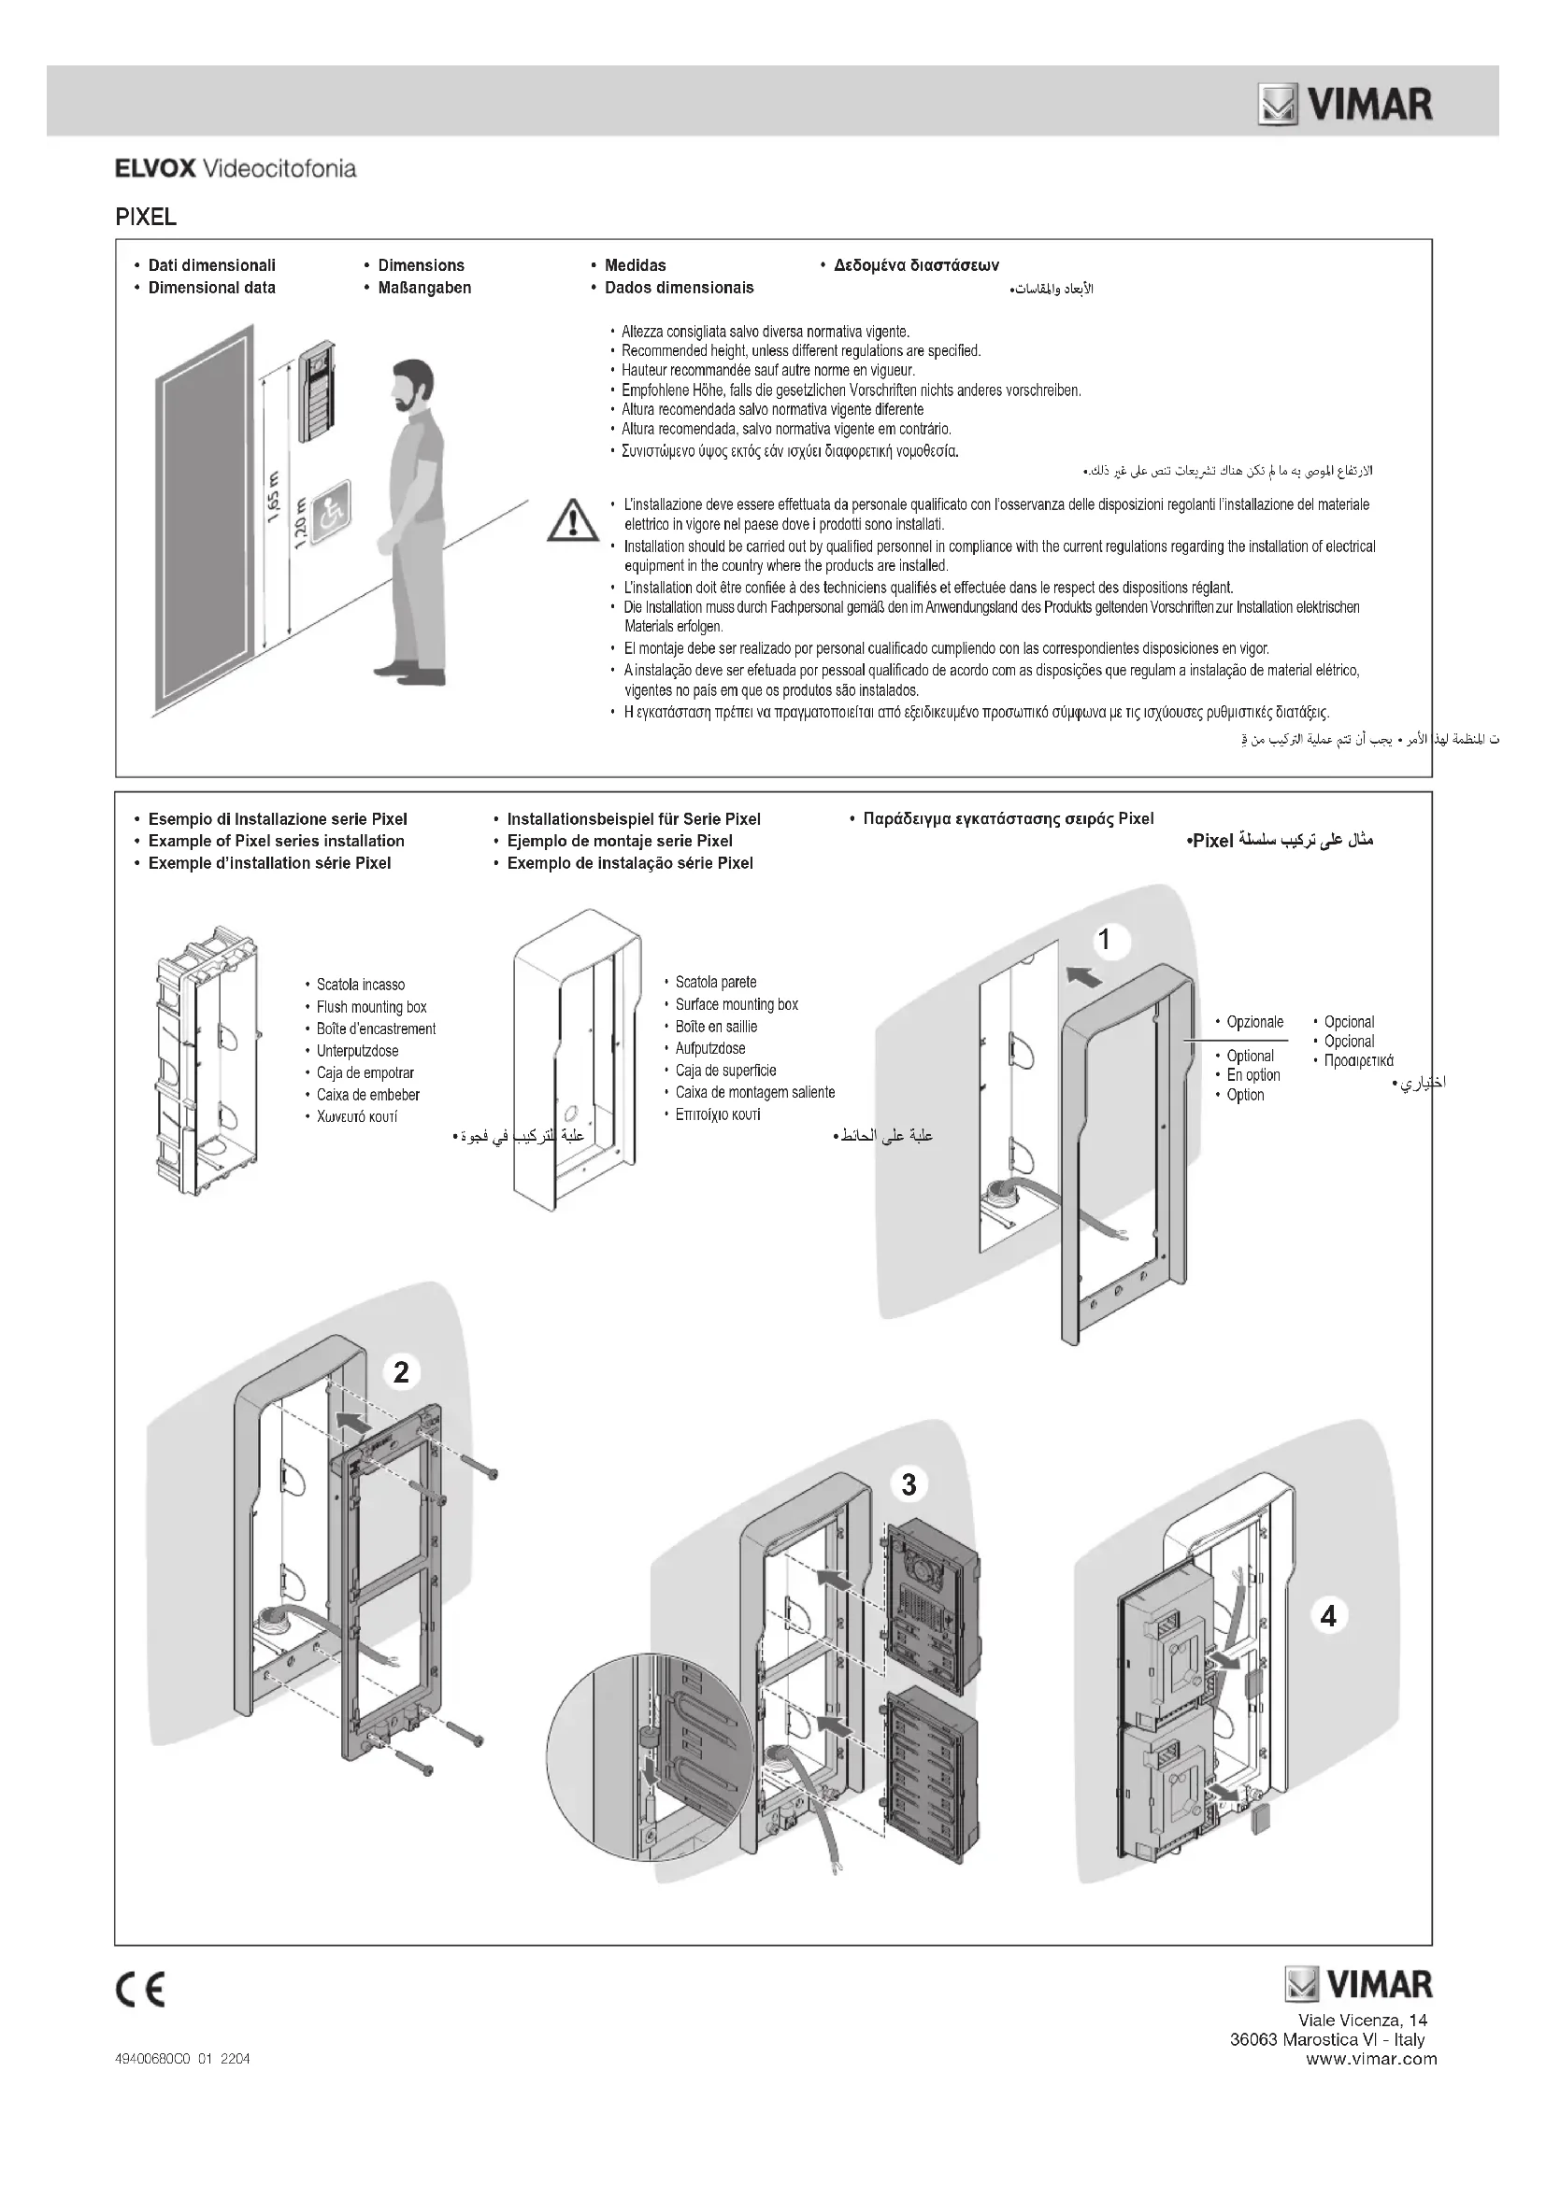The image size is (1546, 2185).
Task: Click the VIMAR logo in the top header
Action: tap(1345, 105)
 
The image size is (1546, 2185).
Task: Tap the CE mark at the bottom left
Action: tap(140, 1989)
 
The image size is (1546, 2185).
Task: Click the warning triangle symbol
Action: tap(573, 521)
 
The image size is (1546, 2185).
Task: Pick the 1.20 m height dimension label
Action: tap(301, 522)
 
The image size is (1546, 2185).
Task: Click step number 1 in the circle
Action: tap(1104, 941)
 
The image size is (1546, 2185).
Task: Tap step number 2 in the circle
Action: tap(401, 1371)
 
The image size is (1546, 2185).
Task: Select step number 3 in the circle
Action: tap(909, 1483)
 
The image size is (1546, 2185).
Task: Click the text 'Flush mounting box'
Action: tap(371, 1007)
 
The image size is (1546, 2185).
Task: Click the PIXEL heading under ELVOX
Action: tap(146, 217)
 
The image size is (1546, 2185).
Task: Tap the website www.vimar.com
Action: tap(1371, 2059)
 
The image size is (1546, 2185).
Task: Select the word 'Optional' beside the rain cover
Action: tap(1249, 1056)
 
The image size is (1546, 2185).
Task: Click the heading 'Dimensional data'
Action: tap(211, 288)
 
